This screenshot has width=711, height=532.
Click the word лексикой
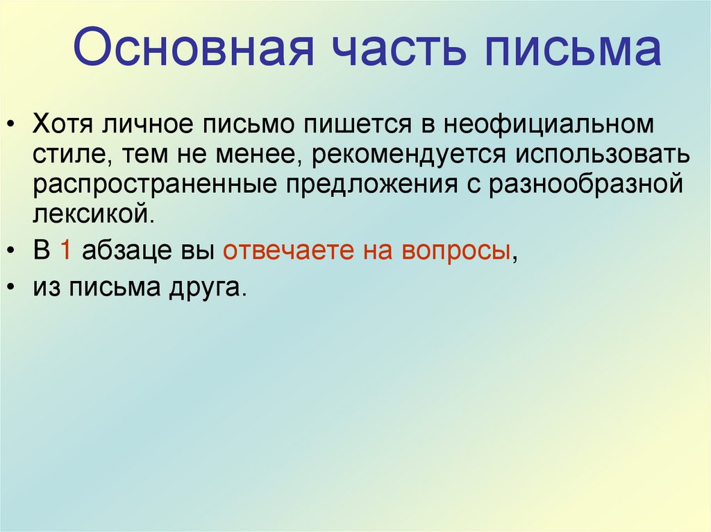pyautogui.click(x=90, y=213)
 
